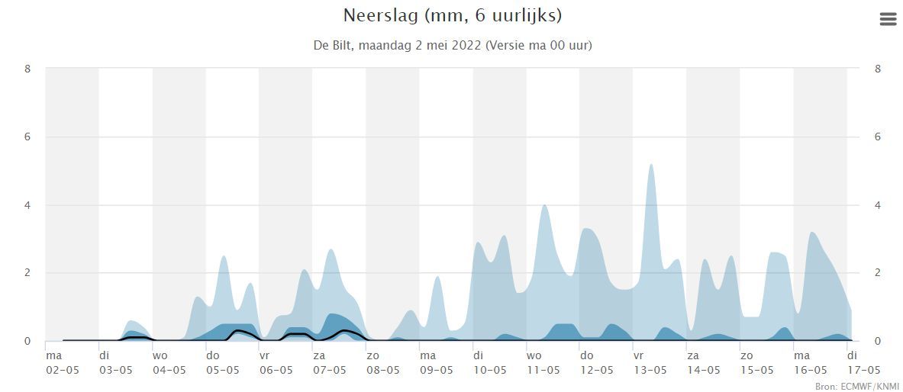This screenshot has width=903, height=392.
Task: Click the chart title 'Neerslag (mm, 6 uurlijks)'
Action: [453, 15]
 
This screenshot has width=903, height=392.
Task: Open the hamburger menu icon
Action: [888, 19]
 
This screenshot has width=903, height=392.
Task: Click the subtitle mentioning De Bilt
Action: [453, 45]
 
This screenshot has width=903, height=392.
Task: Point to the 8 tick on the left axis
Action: [27, 69]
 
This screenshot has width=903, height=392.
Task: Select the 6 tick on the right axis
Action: [878, 137]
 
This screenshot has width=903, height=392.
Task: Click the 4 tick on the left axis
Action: [27, 205]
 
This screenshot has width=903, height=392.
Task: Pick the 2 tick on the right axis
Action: [878, 273]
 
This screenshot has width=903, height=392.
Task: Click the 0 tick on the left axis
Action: [27, 341]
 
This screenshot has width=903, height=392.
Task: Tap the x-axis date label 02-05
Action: [62, 371]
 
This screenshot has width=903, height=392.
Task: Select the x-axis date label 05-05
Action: [222, 371]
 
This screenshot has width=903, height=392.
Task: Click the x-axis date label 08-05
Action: [382, 371]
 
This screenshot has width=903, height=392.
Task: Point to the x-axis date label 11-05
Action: [543, 371]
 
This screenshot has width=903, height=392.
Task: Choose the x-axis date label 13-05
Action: [650, 371]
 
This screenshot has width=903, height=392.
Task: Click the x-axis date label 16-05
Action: [810, 371]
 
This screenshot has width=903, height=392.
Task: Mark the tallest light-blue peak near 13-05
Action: [650, 165]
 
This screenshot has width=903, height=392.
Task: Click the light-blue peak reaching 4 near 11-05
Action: [544, 206]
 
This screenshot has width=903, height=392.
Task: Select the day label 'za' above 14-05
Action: [692, 355]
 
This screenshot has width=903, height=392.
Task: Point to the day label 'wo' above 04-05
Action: [160, 355]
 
